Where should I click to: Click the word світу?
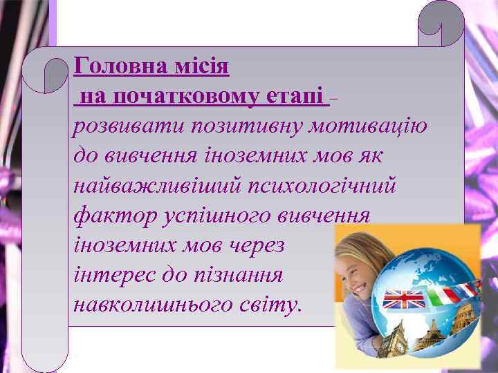[270, 305]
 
